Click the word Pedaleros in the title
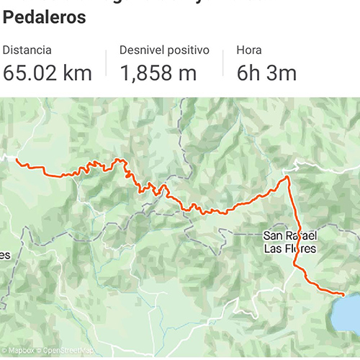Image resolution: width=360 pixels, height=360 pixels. [44, 17]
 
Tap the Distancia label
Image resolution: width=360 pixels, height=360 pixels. [27, 51]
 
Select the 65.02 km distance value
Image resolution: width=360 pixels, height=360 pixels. [47, 73]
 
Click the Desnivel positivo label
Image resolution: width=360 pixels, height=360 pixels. [164, 51]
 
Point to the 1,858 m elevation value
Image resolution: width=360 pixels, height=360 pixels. [158, 73]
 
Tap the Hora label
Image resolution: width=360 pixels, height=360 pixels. [249, 51]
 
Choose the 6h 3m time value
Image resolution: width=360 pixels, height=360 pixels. [266, 73]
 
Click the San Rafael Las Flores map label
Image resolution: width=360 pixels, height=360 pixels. [289, 242]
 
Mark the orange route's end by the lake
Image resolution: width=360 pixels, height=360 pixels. [343, 294]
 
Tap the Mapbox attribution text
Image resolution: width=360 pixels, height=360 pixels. [22, 351]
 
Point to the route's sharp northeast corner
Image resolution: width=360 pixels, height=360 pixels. [287, 176]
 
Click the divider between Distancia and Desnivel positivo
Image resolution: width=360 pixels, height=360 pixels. [107, 63]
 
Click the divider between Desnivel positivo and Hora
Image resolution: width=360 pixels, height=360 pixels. [223, 63]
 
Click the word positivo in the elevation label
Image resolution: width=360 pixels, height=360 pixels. [186, 51]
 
